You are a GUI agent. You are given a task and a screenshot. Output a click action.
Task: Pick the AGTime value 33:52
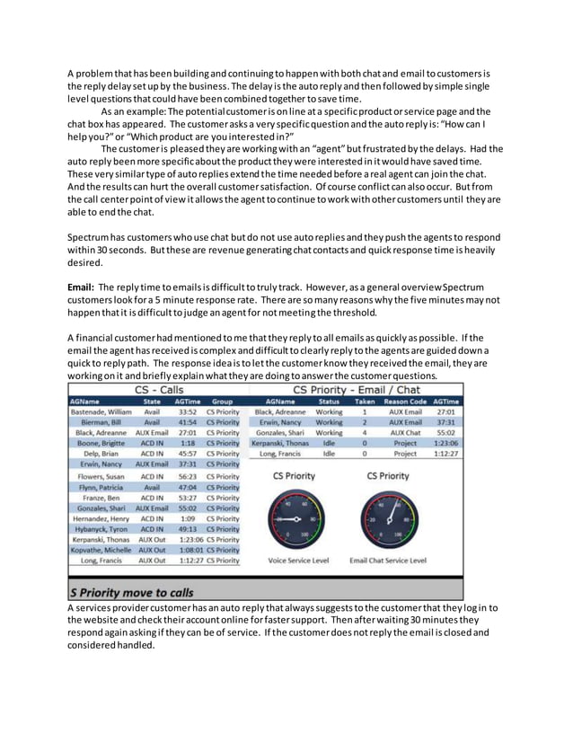(187, 411)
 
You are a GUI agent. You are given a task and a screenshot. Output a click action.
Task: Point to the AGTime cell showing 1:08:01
(187, 549)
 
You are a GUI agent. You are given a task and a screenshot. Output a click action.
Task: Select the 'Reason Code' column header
(405, 401)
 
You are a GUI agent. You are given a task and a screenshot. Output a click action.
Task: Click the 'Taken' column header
(365, 401)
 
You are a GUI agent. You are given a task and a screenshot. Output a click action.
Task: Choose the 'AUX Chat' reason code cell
(405, 432)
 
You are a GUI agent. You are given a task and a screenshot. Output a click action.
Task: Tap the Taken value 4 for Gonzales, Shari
(365, 432)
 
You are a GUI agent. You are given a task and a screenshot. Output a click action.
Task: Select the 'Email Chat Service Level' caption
(387, 561)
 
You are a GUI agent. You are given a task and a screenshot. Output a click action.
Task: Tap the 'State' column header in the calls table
(151, 401)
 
